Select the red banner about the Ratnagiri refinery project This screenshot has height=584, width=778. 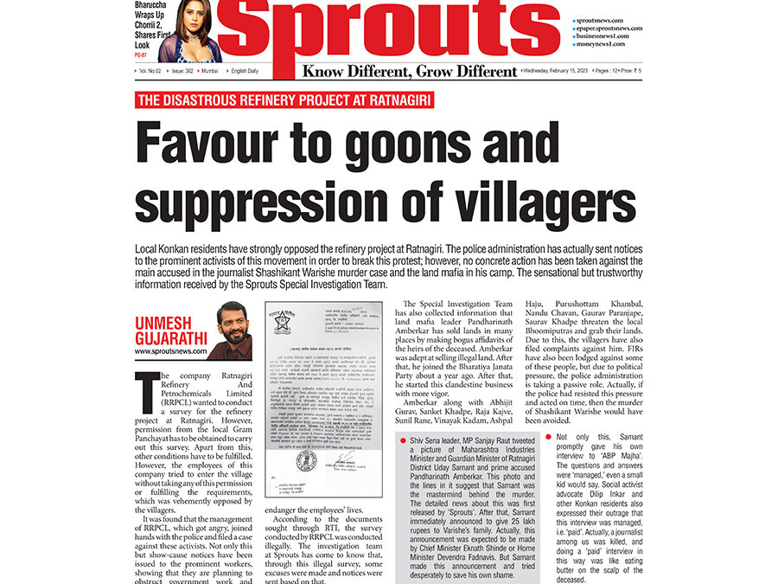[284, 99]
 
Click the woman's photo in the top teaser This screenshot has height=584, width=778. [188, 31]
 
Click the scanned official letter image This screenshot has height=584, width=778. [324, 399]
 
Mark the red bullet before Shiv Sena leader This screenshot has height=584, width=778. [402, 441]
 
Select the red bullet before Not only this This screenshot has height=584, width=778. [551, 437]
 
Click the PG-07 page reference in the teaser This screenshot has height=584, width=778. [141, 55]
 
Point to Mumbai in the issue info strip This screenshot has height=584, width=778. [209, 70]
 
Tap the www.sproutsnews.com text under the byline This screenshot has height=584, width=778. [170, 351]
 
